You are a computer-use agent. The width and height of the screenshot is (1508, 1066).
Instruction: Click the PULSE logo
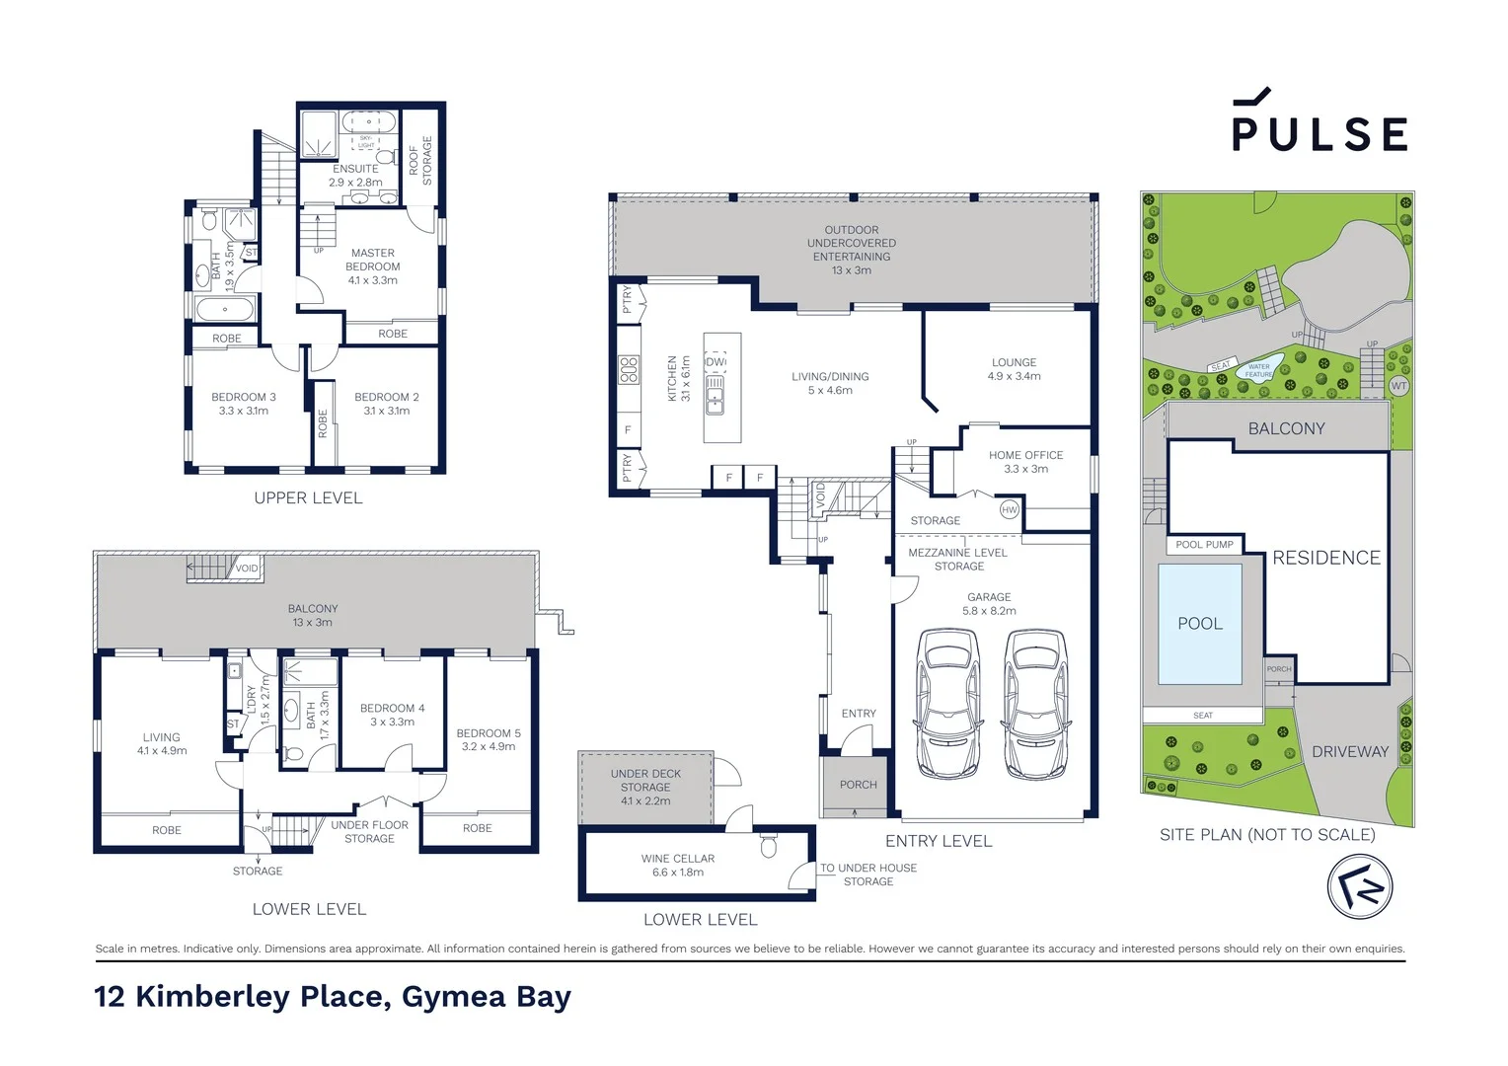pyautogui.click(x=1319, y=122)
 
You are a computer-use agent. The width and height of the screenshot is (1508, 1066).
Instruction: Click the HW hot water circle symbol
pyautogui.click(x=1009, y=509)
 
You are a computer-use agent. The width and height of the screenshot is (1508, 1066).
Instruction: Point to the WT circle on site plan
pyautogui.click(x=1397, y=386)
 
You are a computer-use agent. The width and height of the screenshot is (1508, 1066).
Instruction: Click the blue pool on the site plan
pyautogui.click(x=1200, y=624)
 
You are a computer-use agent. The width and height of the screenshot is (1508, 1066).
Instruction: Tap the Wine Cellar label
pyautogui.click(x=677, y=866)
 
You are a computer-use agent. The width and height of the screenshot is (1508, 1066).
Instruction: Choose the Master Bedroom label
pyautogui.click(x=373, y=266)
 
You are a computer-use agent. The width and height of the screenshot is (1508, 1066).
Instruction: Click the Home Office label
pyautogui.click(x=1025, y=462)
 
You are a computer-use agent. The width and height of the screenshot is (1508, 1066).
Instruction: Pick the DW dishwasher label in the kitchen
pyautogui.click(x=716, y=362)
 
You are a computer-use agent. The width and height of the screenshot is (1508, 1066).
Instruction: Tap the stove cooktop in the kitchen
pyautogui.click(x=629, y=370)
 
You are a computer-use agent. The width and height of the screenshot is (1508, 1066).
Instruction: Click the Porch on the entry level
pyautogui.click(x=858, y=786)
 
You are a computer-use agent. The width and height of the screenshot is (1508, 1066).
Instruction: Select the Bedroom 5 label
pyautogui.click(x=489, y=739)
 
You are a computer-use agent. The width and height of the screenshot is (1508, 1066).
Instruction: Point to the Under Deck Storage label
pyautogui.click(x=645, y=788)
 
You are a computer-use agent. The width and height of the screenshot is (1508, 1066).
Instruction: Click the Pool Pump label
pyautogui.click(x=1204, y=545)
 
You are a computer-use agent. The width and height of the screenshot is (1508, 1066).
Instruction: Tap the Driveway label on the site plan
pyautogui.click(x=1349, y=752)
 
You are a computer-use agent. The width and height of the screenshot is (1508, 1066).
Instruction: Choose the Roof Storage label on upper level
pyautogui.click(x=419, y=160)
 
